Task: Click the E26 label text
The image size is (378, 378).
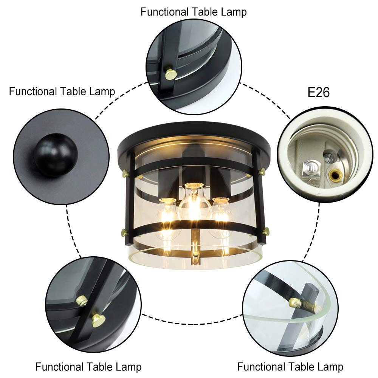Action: pyautogui.click(x=318, y=92)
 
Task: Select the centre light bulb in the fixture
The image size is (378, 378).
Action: pyautogui.click(x=193, y=203)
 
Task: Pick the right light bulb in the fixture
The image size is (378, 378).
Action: pyautogui.click(x=219, y=217)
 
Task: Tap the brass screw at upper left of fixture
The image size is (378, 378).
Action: pyautogui.click(x=125, y=173)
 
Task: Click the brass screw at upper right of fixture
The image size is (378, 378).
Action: pyautogui.click(x=262, y=172)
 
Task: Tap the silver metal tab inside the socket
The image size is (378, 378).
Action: pyautogui.click(x=310, y=169)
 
